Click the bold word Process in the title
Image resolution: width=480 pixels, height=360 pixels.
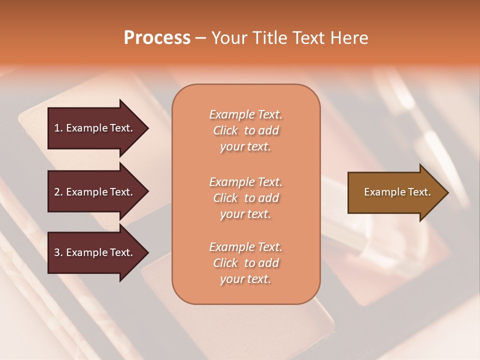[157, 38]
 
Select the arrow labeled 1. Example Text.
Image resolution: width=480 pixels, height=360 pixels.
[95, 128]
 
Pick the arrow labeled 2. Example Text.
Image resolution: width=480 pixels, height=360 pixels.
[95, 192]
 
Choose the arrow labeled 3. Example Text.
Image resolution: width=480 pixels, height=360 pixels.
[95, 252]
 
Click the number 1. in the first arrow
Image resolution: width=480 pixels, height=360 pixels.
[58, 128]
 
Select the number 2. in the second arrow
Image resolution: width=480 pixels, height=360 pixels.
[58, 192]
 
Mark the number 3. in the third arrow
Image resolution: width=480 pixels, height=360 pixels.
[58, 252]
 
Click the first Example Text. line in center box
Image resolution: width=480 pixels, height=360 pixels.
[245, 114]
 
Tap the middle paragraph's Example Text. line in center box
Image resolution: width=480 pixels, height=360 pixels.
[245, 182]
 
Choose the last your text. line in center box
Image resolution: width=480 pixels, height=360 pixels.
[245, 279]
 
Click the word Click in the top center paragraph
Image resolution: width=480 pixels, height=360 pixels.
[225, 130]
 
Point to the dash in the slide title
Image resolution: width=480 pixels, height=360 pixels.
[200, 38]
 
